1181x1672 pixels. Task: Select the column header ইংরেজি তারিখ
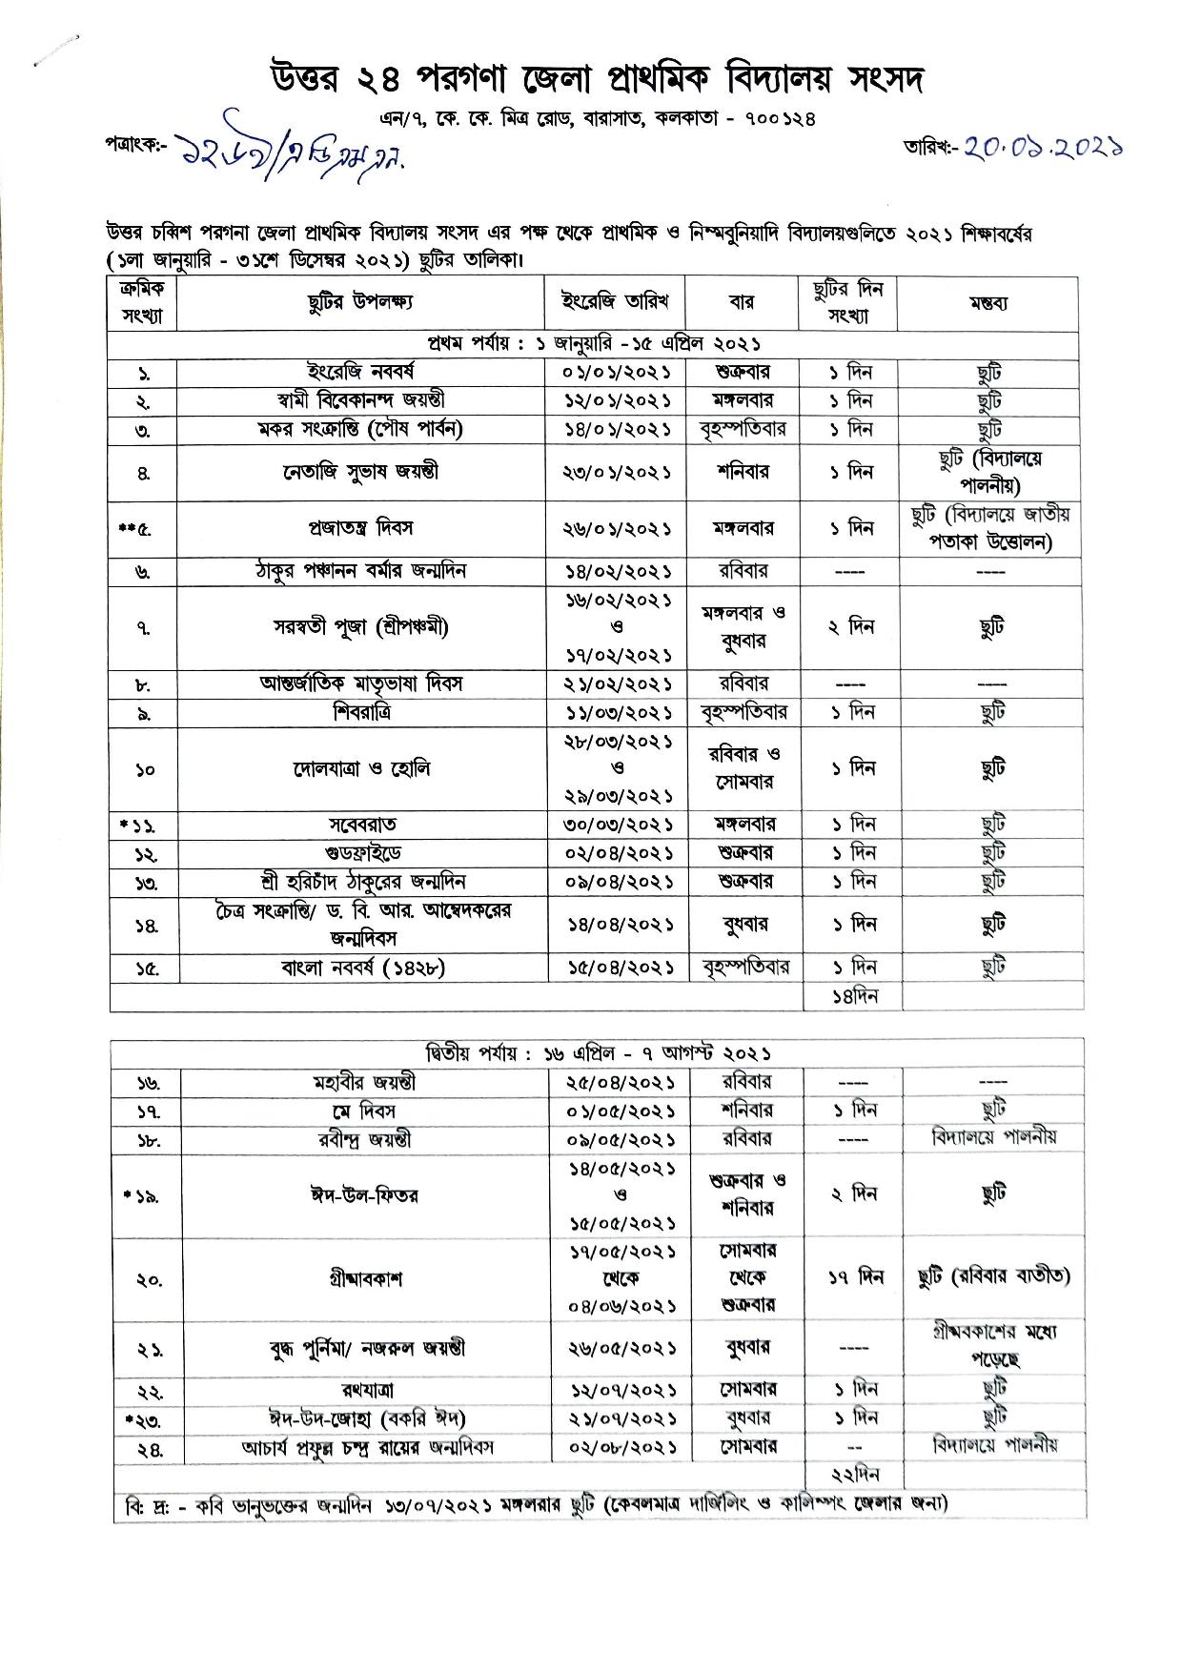616,302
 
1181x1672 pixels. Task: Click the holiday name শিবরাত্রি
361,712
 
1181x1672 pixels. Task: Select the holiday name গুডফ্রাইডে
361,853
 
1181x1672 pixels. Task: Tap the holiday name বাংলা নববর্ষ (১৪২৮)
363,968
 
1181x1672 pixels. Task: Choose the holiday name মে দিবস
363,1111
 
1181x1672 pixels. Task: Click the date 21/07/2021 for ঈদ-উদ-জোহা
619,1418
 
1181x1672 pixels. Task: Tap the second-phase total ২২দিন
853,1475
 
